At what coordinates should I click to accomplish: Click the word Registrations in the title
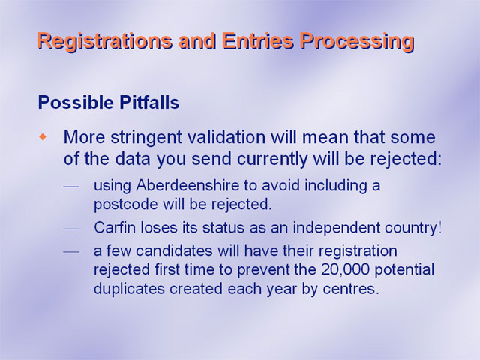click(x=104, y=41)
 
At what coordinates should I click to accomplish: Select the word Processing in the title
click(x=357, y=42)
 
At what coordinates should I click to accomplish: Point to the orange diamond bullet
click(x=43, y=136)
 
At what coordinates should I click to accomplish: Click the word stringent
click(x=146, y=138)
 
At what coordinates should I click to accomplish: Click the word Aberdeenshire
click(x=187, y=185)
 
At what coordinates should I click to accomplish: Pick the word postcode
click(x=126, y=205)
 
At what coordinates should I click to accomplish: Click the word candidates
click(x=174, y=251)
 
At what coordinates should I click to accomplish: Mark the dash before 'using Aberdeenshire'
click(x=71, y=187)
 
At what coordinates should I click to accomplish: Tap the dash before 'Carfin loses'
click(x=71, y=229)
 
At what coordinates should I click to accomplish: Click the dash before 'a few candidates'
click(x=71, y=252)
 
